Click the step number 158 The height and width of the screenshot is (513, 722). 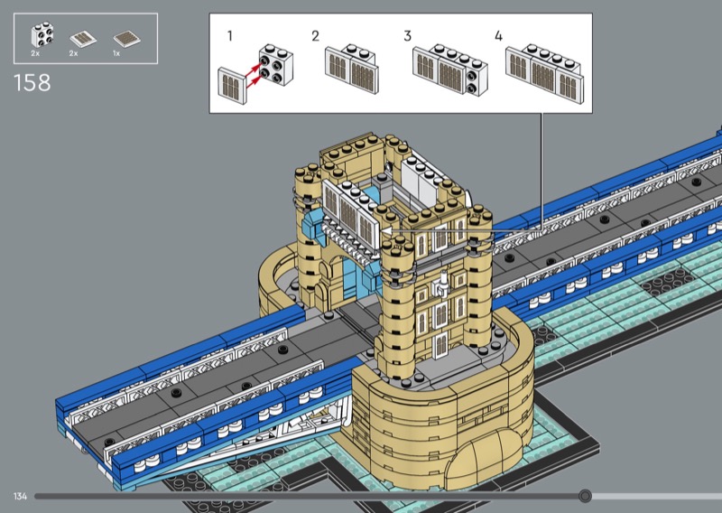click(x=32, y=83)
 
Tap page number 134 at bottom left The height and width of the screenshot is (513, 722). click(x=20, y=497)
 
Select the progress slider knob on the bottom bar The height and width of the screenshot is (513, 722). click(x=585, y=496)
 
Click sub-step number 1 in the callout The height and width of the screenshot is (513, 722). click(x=230, y=35)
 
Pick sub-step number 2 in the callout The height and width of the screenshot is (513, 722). click(x=315, y=36)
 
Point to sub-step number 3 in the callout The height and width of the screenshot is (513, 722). click(x=408, y=36)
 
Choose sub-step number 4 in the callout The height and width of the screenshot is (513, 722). click(x=499, y=36)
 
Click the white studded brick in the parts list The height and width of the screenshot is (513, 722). click(x=42, y=35)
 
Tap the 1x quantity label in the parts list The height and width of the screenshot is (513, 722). click(x=116, y=53)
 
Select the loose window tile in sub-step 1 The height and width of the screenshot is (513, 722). click(x=232, y=86)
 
